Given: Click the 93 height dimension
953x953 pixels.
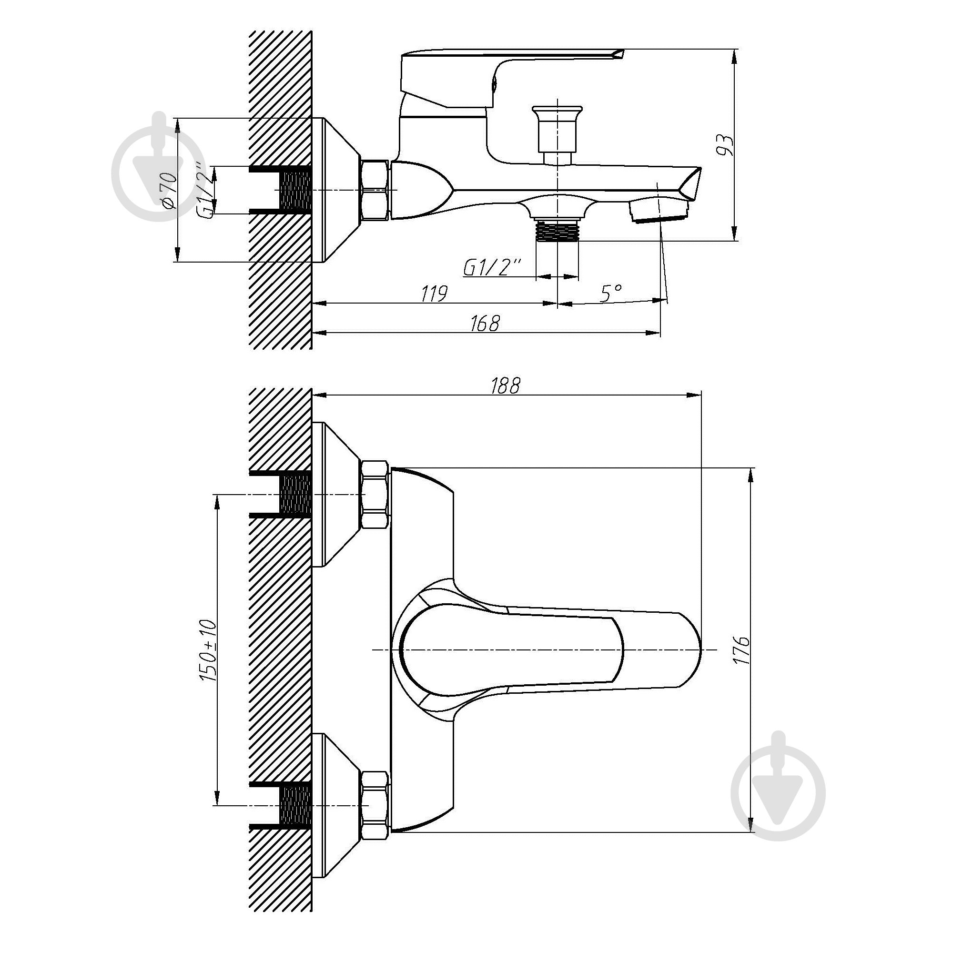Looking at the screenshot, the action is click(726, 145).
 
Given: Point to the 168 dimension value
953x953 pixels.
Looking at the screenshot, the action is click(486, 323).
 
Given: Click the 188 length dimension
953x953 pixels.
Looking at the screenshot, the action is click(505, 385).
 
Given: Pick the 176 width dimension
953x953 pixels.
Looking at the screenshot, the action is click(741, 650).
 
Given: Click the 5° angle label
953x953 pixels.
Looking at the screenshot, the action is click(611, 294).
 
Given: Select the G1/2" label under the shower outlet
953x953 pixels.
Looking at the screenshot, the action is click(492, 267).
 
